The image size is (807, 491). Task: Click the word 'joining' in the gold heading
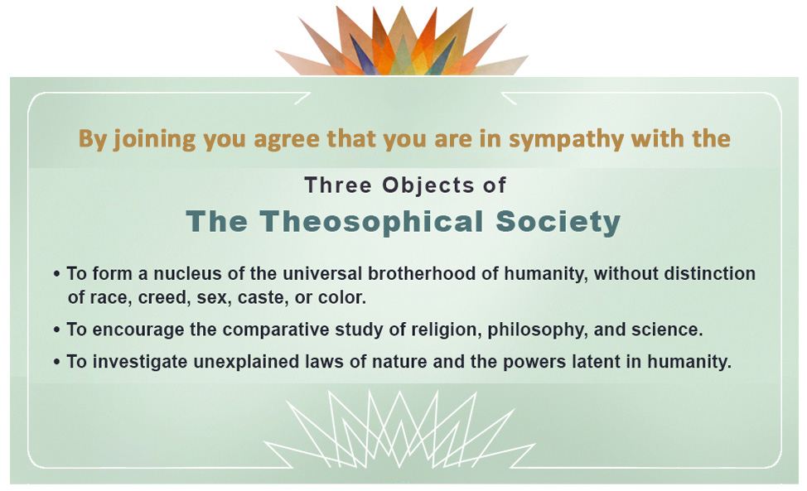pos(154,139)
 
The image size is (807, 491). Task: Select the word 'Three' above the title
pos(338,185)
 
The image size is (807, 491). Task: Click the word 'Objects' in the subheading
pos(428,185)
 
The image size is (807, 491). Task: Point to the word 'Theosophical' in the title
pos(371,222)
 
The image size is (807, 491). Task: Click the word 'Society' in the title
pos(558,223)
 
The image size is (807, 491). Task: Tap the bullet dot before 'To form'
pos(56,274)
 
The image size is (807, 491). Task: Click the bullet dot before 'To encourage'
pos(56,330)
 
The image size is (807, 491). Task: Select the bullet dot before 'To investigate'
pos(56,362)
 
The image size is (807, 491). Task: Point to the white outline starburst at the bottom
pos(399,430)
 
